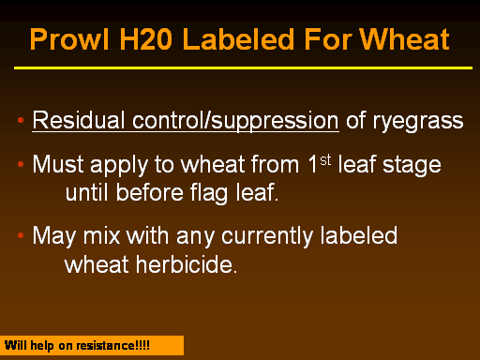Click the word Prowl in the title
tap(69, 39)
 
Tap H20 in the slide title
tap(146, 39)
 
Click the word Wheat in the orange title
tap(404, 39)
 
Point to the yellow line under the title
tap(243, 67)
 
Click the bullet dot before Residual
tap(21, 120)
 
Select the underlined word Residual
tap(79, 120)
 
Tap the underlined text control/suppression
tap(235, 121)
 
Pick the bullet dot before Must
tap(21, 164)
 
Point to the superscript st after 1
tap(325, 160)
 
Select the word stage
tap(412, 166)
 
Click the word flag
tap(209, 193)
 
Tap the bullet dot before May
tap(21, 235)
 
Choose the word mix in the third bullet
tap(102, 235)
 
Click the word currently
tap(267, 236)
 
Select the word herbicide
tap(187, 264)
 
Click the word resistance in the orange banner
tap(106, 346)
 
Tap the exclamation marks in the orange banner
tap(142, 346)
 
